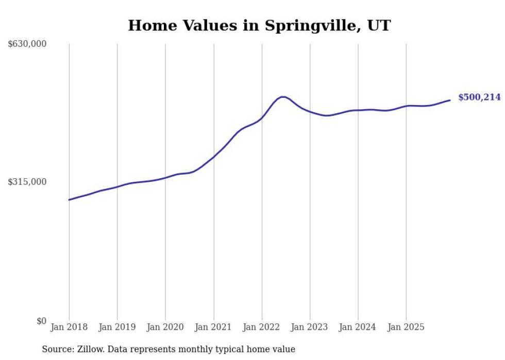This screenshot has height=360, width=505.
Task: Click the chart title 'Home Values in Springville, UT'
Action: tap(259, 25)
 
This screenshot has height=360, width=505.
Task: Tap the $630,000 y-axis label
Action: tap(27, 44)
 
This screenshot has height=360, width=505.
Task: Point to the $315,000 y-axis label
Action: tap(27, 182)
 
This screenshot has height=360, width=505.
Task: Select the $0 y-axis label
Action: tap(41, 321)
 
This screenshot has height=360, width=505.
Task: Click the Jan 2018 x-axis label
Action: tap(69, 327)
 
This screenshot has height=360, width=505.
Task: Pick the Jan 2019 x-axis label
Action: tap(117, 327)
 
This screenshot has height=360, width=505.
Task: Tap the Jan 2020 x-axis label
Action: tap(165, 327)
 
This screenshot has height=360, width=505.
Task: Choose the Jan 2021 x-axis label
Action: tap(214, 327)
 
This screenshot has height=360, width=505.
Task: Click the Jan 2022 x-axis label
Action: tap(262, 327)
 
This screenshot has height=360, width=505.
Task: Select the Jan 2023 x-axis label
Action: tap(310, 327)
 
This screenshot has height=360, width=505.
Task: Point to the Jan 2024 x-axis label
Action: tap(358, 327)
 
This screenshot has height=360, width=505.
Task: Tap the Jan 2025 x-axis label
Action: tap(406, 327)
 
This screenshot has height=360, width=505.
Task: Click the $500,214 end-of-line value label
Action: tap(479, 97)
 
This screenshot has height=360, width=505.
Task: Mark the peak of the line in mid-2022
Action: tap(282, 96)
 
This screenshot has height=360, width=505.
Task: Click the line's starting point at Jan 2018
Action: tap(69, 200)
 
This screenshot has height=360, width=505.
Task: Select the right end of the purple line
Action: tap(450, 100)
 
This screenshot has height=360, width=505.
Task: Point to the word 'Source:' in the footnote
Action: tap(57, 349)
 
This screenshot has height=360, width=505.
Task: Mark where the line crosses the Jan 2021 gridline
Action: tap(214, 156)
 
